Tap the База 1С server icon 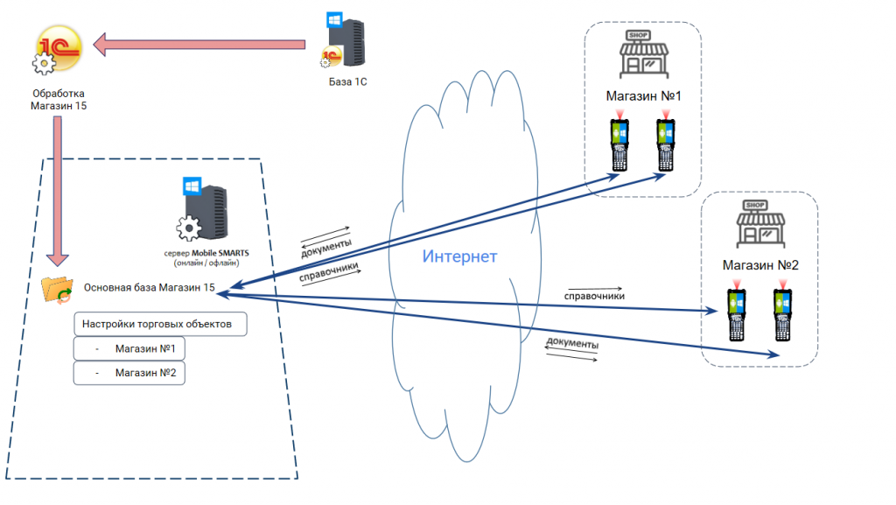(344, 40)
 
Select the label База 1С (347, 81)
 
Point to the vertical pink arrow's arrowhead (57, 259)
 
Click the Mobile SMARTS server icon (203, 210)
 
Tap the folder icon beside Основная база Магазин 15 (57, 290)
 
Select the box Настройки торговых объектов (160, 324)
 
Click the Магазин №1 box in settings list (129, 348)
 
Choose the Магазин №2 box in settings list (129, 373)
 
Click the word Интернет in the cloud (459, 256)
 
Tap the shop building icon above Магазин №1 (644, 54)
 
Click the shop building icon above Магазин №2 (760, 224)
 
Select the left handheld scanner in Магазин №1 (619, 144)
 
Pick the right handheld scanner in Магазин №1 (666, 144)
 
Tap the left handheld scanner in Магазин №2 (737, 313)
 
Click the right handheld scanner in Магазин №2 (783, 313)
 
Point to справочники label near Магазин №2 (594, 296)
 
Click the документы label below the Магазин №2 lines (572, 343)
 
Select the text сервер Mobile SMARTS (206, 253)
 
